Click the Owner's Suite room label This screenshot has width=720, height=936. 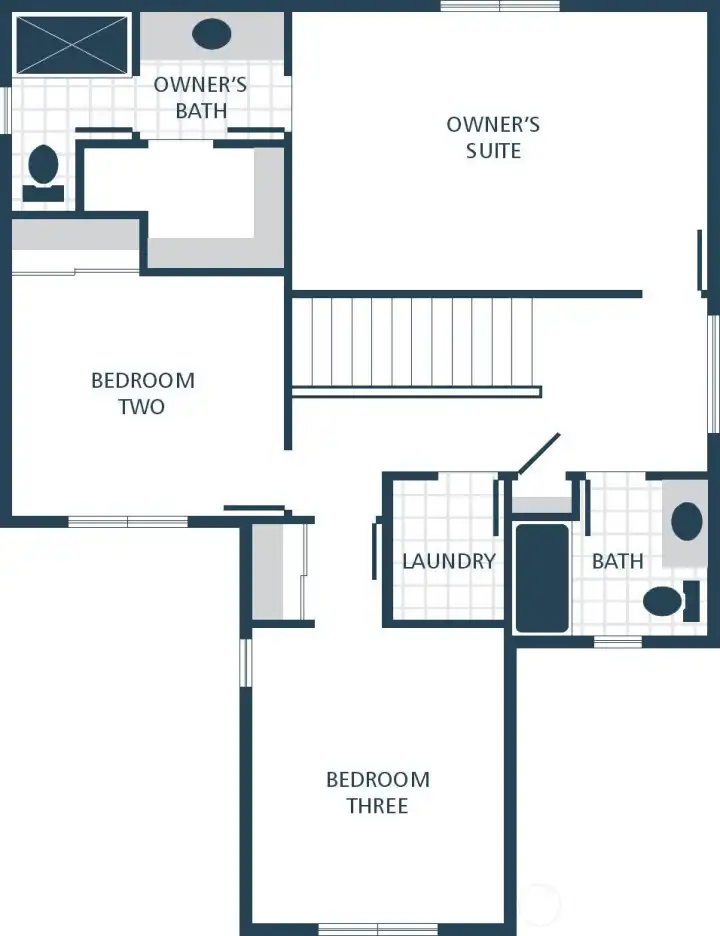(x=493, y=138)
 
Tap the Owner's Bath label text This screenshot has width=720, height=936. (x=200, y=97)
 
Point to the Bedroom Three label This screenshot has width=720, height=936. (x=377, y=792)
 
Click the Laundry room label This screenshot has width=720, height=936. (x=448, y=561)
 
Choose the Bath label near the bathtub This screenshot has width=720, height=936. (x=617, y=561)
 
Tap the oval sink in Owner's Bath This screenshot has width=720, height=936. (x=211, y=35)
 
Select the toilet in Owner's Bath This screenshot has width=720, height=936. (x=43, y=168)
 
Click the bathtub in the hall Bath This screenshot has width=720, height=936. (x=541, y=578)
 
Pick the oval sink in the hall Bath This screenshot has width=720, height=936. (x=687, y=521)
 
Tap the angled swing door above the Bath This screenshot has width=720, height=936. (x=538, y=454)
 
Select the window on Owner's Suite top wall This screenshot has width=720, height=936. (x=499, y=6)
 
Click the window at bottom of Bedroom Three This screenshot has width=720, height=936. (x=377, y=929)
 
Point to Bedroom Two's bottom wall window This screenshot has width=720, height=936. (x=127, y=521)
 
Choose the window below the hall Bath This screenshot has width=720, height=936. (x=617, y=641)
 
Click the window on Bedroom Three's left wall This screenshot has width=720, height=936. (x=246, y=662)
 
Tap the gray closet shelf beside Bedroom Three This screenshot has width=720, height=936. (x=267, y=572)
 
